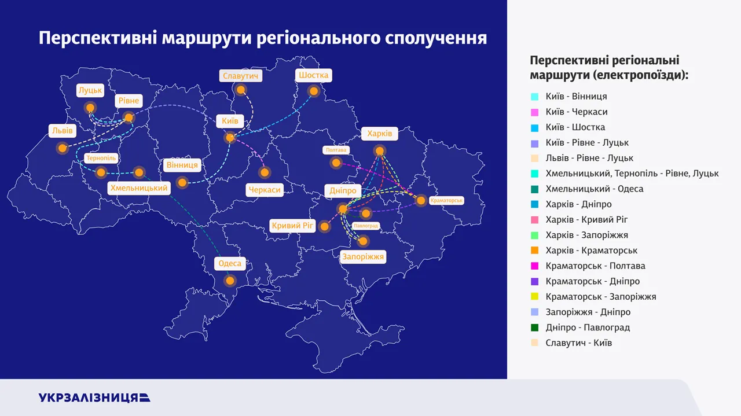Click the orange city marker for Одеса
230,281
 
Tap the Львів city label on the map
63,131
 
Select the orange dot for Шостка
314,91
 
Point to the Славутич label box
240,76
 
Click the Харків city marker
379,151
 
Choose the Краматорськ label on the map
446,200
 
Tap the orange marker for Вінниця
182,182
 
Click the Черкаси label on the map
265,190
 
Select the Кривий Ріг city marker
325,227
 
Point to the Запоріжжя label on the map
363,257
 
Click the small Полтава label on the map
336,150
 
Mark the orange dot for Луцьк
90,108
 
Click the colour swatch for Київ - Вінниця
534,97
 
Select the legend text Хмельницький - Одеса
595,189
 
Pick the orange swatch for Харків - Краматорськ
534,251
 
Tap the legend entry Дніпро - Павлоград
588,327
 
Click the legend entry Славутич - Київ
579,343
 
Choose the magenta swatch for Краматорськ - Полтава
534,266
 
